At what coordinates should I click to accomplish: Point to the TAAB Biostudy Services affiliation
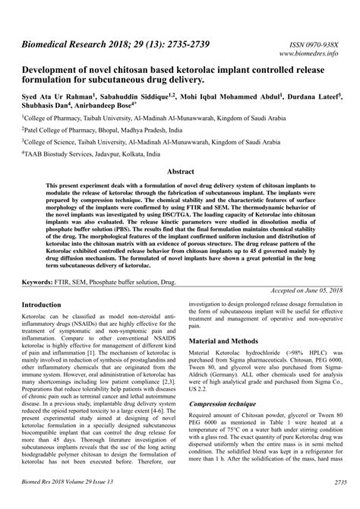tap(106, 153)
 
